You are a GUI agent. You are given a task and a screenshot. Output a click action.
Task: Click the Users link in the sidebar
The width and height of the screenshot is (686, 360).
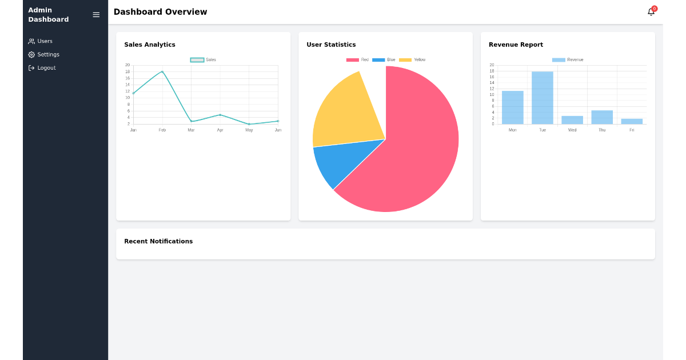[41, 41]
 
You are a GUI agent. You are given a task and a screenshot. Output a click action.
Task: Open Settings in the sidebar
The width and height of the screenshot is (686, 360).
[44, 55]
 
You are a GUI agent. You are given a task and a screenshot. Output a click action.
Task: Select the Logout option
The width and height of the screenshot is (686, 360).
[42, 68]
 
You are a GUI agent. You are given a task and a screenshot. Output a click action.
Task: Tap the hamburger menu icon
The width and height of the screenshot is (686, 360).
[96, 15]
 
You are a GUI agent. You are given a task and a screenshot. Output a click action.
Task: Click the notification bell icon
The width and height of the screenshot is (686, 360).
[651, 12]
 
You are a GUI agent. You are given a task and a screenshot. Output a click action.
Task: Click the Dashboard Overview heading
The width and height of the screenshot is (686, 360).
[160, 12]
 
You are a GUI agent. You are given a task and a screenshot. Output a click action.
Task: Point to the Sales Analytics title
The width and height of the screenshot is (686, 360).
[150, 45]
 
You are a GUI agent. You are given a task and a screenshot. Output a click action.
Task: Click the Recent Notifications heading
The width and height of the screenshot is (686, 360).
[158, 241]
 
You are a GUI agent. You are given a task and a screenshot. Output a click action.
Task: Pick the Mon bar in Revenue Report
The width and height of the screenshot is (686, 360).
[513, 107]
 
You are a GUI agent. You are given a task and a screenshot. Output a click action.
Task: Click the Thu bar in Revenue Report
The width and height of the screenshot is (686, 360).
[602, 117]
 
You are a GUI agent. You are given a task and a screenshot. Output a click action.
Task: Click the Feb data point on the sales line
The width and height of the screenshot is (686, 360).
[162, 72]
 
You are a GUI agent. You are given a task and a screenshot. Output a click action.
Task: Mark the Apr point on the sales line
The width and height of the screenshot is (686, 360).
[220, 115]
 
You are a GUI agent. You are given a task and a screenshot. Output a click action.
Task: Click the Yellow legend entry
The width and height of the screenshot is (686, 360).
[412, 60]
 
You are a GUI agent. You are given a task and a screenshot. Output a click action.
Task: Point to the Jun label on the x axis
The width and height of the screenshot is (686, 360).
[278, 130]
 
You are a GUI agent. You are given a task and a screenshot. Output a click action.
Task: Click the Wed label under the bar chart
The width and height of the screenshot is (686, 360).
[572, 130]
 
